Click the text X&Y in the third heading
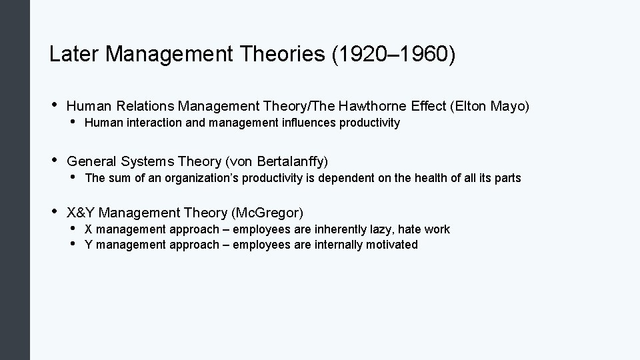[81, 213]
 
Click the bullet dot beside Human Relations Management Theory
[54, 104]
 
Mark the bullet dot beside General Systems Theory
[54, 161]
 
